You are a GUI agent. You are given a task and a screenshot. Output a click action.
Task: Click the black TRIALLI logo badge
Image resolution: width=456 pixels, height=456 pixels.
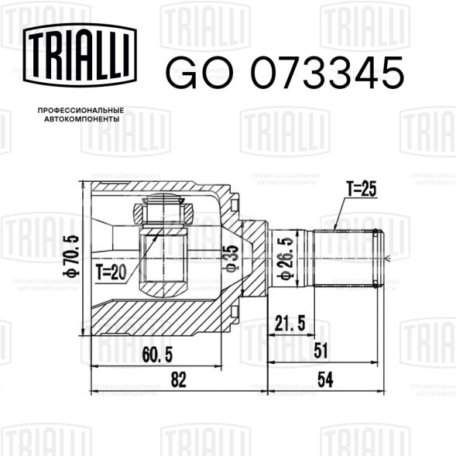click(80, 55)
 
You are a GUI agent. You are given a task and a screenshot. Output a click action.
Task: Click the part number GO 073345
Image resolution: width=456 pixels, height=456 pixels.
click(285, 73)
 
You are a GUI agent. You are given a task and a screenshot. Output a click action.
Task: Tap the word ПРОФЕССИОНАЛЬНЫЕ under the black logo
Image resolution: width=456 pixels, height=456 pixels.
click(81, 111)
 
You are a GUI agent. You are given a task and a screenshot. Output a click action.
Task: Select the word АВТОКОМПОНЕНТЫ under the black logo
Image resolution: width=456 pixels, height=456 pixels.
click(82, 119)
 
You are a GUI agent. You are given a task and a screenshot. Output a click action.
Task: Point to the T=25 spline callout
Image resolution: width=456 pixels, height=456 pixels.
click(362, 189)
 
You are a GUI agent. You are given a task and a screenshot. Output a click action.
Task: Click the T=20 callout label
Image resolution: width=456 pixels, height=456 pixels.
click(111, 272)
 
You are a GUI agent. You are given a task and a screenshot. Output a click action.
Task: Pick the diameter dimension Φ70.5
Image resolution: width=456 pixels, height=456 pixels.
click(70, 255)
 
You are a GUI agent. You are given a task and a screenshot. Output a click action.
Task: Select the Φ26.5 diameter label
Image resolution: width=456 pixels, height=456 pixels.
click(285, 259)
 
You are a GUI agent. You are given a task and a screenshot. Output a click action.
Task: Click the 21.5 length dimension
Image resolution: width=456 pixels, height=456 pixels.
click(290, 323)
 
